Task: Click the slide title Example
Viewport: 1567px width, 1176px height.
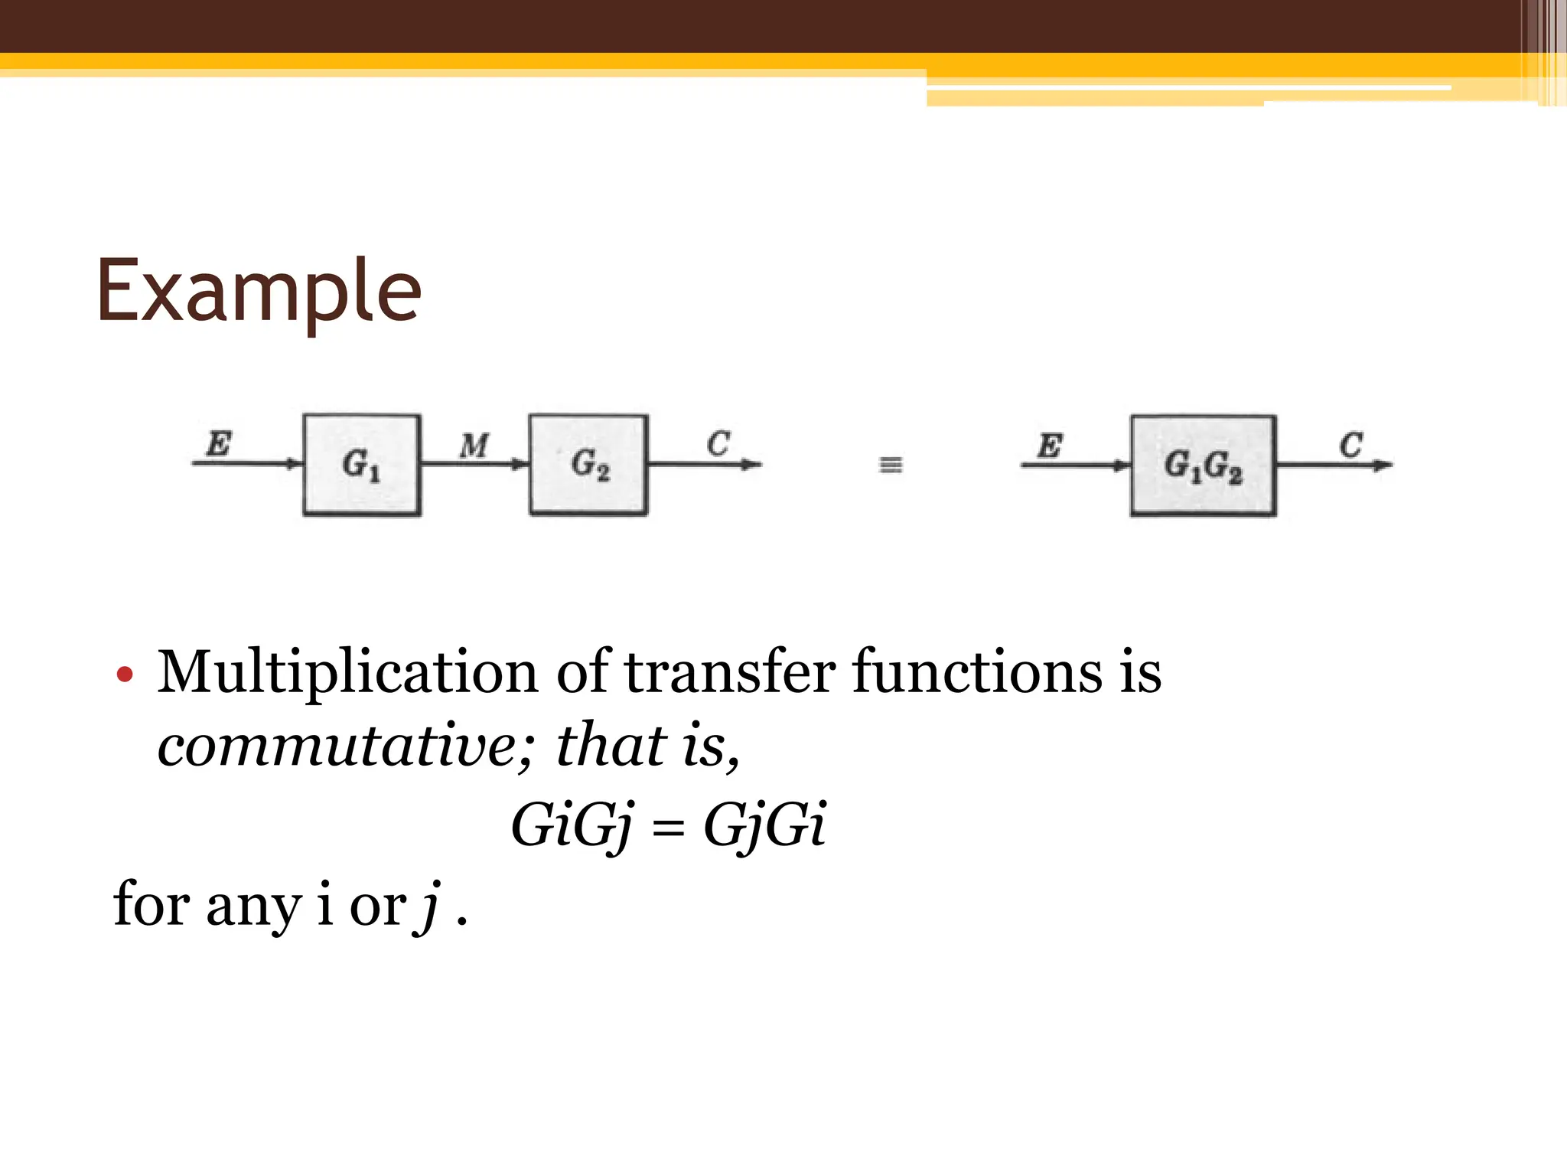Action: pyautogui.click(x=259, y=292)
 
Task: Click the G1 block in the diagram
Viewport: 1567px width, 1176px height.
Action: pyautogui.click(x=362, y=465)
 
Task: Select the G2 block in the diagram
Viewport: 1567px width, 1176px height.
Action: pyautogui.click(x=588, y=465)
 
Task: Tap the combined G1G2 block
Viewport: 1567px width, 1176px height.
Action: pyautogui.click(x=1203, y=465)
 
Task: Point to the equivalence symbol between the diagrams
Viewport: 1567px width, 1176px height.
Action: pyautogui.click(x=890, y=465)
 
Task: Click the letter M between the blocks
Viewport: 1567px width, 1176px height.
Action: pyautogui.click(x=474, y=446)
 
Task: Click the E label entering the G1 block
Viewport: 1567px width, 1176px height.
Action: pyautogui.click(x=219, y=443)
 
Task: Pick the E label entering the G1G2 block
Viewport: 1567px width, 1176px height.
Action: pyautogui.click(x=1050, y=445)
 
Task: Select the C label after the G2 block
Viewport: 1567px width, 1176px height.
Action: pyautogui.click(x=718, y=443)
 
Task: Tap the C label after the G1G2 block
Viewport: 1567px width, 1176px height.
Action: pyautogui.click(x=1350, y=445)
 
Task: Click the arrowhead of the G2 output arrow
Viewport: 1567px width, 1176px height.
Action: pyautogui.click(x=753, y=464)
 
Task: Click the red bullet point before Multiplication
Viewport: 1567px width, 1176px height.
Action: pyautogui.click(x=125, y=675)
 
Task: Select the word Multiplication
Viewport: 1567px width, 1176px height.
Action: pyautogui.click(x=347, y=672)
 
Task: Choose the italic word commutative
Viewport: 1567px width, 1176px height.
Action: pyautogui.click(x=337, y=745)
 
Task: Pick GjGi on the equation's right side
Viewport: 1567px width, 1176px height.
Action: pyautogui.click(x=764, y=827)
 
